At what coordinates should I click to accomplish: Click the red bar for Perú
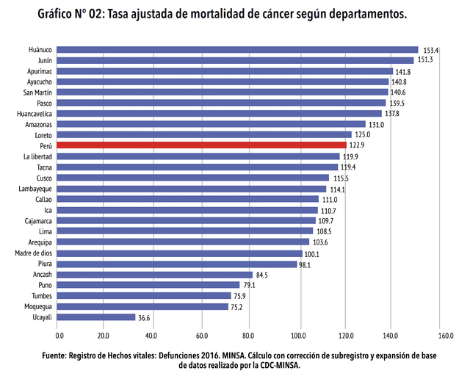point(201,145)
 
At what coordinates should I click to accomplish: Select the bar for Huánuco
point(237,50)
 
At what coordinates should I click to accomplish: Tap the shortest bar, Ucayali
point(96,317)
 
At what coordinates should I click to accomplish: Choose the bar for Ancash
point(154,275)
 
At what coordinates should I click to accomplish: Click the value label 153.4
point(430,50)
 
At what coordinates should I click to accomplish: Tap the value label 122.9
point(358,146)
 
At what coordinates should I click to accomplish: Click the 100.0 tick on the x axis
point(299,336)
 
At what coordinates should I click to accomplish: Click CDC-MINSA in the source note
point(277,365)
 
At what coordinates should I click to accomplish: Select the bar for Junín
point(235,60)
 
